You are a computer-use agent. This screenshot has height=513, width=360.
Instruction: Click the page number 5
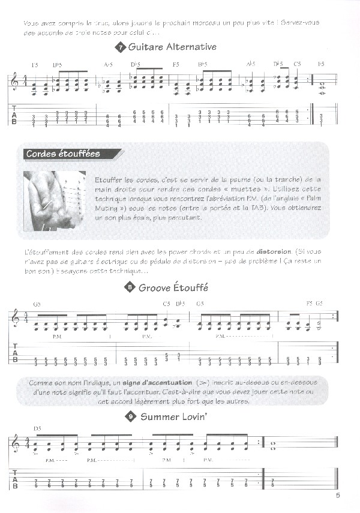(x=338, y=496)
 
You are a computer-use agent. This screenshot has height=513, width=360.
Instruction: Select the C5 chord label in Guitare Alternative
(x=297, y=64)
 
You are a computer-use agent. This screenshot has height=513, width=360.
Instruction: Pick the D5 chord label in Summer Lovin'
(x=38, y=429)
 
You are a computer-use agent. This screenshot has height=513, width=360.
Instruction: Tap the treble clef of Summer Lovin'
(x=15, y=445)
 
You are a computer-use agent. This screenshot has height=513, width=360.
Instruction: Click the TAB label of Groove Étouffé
(x=15, y=356)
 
